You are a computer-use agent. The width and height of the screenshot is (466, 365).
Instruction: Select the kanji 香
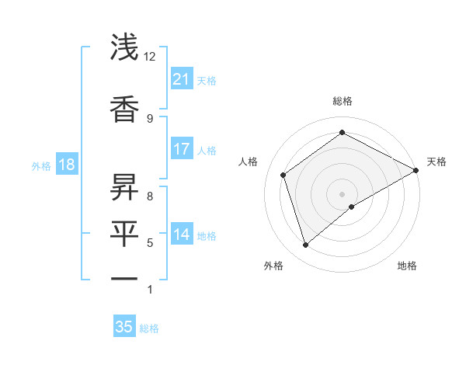point(124,109)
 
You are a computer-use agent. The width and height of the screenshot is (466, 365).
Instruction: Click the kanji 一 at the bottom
point(124,278)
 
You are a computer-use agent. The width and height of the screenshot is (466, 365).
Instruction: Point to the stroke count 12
point(150,57)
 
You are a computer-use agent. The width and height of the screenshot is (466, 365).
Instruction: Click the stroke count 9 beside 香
point(150,118)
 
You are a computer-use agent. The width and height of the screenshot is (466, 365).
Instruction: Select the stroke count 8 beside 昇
point(150,196)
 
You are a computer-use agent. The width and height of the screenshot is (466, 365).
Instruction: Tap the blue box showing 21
point(181,79)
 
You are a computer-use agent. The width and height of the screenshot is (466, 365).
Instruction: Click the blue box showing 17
point(181,149)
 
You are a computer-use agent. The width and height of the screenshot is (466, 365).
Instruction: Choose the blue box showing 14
point(181,235)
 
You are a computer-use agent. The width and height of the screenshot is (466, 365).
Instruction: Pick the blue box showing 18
point(66,165)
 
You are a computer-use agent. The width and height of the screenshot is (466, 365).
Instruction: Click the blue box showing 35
point(124,327)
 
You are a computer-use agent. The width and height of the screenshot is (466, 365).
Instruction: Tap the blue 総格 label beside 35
point(149,328)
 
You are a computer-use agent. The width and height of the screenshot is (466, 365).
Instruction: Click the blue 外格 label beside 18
point(41,165)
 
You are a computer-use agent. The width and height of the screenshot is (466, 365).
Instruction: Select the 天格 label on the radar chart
point(436,162)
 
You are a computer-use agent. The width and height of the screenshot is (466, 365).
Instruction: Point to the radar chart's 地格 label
point(407,266)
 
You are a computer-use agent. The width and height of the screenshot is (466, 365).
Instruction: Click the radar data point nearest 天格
point(416,170)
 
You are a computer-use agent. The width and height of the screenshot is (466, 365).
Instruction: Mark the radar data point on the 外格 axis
point(305,245)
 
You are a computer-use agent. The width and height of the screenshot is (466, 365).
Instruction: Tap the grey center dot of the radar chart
point(342,193)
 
